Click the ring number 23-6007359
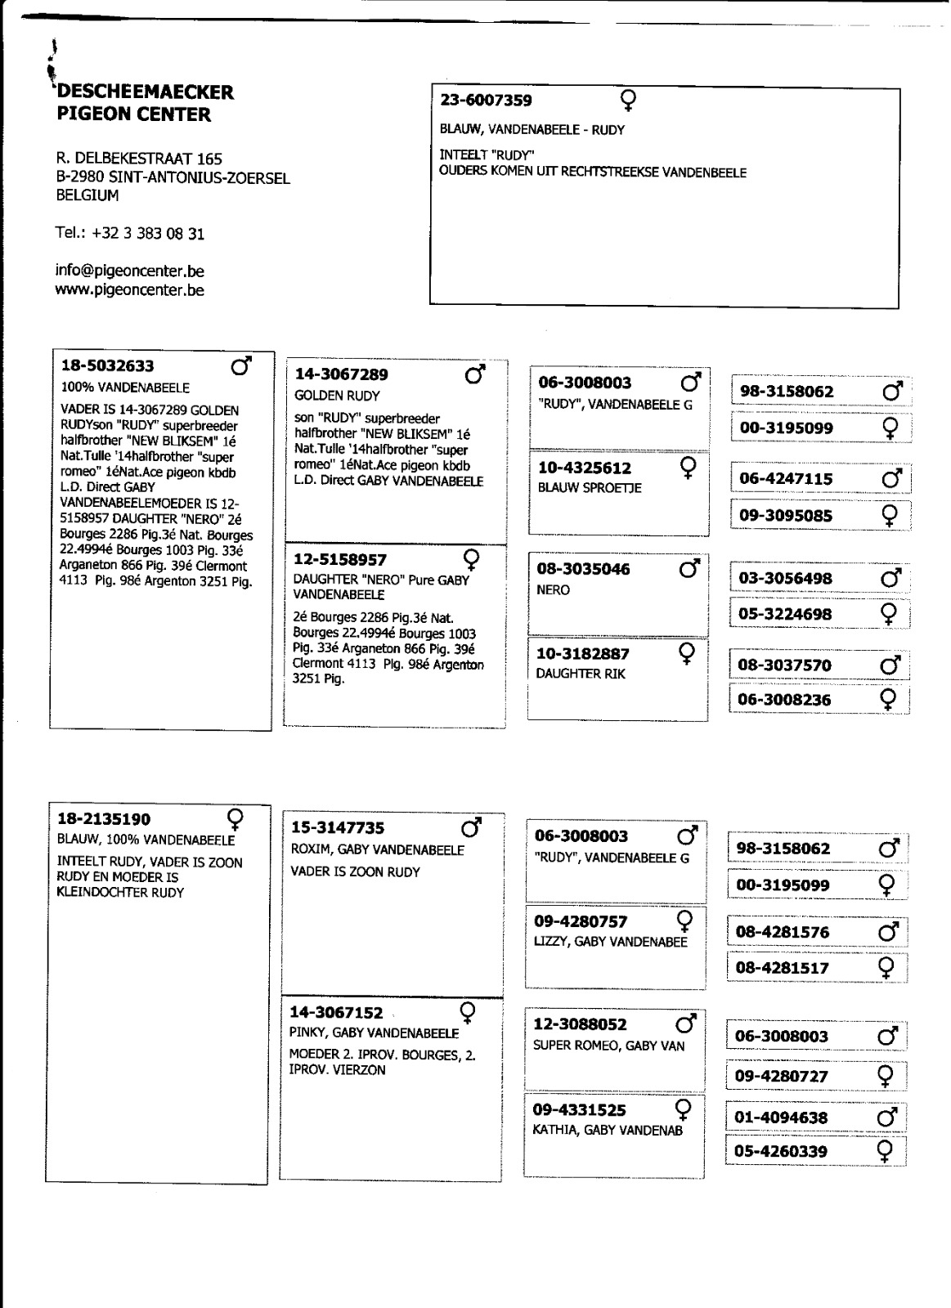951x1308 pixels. (486, 101)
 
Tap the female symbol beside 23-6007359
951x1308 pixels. (628, 101)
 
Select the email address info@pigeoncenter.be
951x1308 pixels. (129, 271)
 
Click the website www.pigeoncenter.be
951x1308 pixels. (129, 290)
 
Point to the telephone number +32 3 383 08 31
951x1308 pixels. (148, 234)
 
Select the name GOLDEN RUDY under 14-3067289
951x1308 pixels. (337, 396)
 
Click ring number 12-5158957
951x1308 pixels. (339, 560)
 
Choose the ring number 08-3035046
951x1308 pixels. (583, 569)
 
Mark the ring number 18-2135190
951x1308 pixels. (104, 818)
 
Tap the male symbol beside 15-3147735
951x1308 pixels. (472, 827)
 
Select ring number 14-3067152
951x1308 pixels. (336, 1013)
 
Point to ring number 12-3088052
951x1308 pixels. (580, 1024)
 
